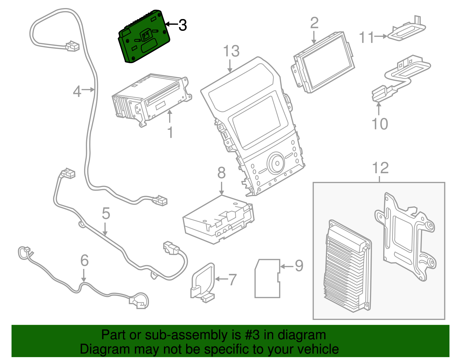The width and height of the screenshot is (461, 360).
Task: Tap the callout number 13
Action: (x=231, y=51)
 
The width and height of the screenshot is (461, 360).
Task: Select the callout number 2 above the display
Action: (x=314, y=23)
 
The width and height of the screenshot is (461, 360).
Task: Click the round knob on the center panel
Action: (x=276, y=163)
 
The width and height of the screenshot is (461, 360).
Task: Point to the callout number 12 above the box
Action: (x=380, y=168)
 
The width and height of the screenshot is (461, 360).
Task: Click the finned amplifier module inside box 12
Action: (x=347, y=267)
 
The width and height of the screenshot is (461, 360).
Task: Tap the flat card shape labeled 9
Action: (x=267, y=278)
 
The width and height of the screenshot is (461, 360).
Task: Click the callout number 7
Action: (x=232, y=279)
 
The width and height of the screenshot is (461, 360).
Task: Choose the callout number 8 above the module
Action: (x=221, y=173)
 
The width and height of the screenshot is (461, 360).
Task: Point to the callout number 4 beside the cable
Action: (x=77, y=91)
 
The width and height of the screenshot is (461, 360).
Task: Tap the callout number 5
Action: (x=106, y=214)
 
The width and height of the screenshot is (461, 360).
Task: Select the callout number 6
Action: (x=84, y=261)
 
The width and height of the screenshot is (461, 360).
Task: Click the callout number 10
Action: (x=380, y=124)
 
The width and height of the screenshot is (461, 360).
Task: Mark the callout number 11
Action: (x=366, y=37)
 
